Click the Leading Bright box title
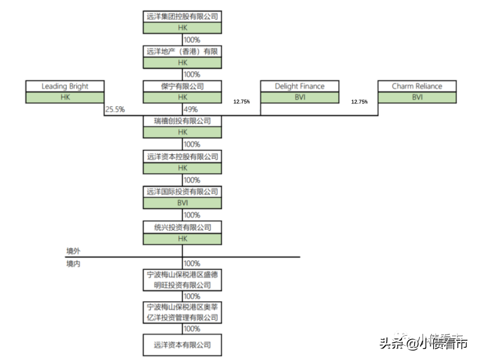pyautogui.click(x=65, y=86)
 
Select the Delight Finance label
pyautogui.click(x=300, y=86)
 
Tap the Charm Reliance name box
pyautogui.click(x=417, y=86)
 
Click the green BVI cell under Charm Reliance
pyautogui.click(x=417, y=97)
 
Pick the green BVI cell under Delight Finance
pyautogui.click(x=300, y=97)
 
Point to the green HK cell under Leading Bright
pyautogui.click(x=65, y=97)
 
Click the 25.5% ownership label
pyautogui.click(x=115, y=109)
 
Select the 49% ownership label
pyautogui.click(x=191, y=109)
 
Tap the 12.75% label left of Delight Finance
pyautogui.click(x=241, y=102)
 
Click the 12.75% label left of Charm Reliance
pyautogui.click(x=359, y=102)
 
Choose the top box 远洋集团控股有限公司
pyautogui.click(x=182, y=17)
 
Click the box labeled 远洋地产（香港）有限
pyautogui.click(x=182, y=51)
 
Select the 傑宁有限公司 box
pyautogui.click(x=182, y=86)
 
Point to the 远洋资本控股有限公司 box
pyautogui.click(x=182, y=157)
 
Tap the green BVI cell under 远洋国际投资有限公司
pyautogui.click(x=182, y=203)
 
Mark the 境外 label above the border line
pyautogui.click(x=73, y=251)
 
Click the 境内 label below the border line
pyautogui.click(x=73, y=264)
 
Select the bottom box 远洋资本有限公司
pyautogui.click(x=182, y=345)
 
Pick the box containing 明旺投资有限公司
pyautogui.click(x=182, y=280)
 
